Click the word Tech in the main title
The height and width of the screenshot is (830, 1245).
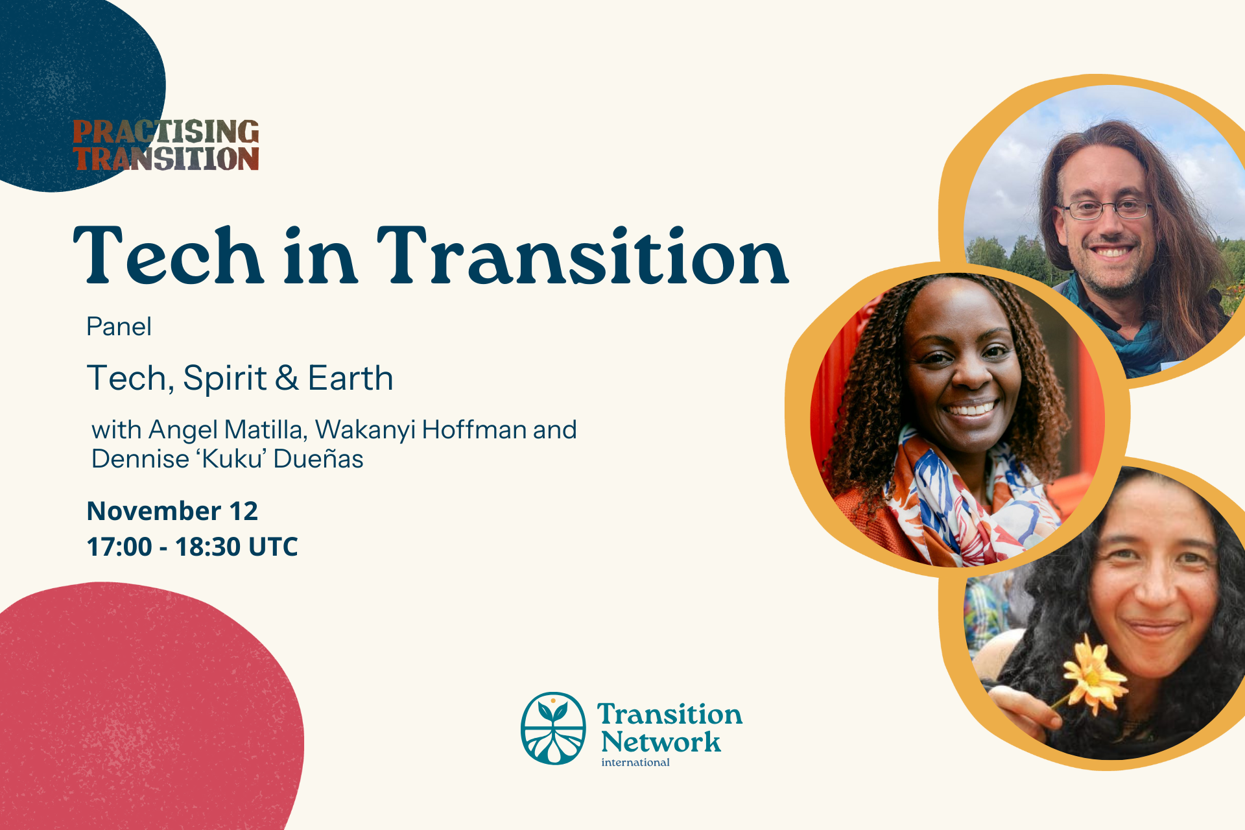168,255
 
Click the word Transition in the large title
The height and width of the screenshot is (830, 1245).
583,255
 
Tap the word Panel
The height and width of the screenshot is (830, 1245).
119,326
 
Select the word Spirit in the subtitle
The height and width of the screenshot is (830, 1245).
225,379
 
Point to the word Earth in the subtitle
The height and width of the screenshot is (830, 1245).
350,378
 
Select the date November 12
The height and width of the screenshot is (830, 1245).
172,511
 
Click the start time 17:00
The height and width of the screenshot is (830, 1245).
119,547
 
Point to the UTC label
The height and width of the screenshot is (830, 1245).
273,547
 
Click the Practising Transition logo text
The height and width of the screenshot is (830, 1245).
166,145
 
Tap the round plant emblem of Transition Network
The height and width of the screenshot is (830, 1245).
553,728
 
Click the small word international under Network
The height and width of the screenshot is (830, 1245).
635,763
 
